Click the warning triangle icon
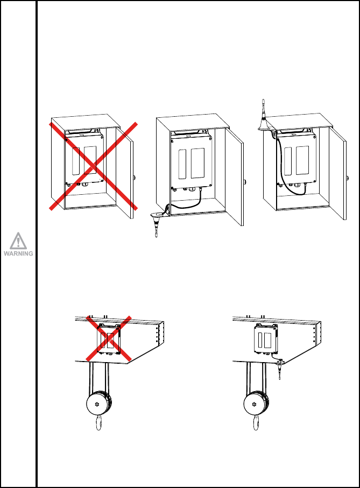19,241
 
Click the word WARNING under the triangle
19,253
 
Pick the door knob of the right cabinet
348,177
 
